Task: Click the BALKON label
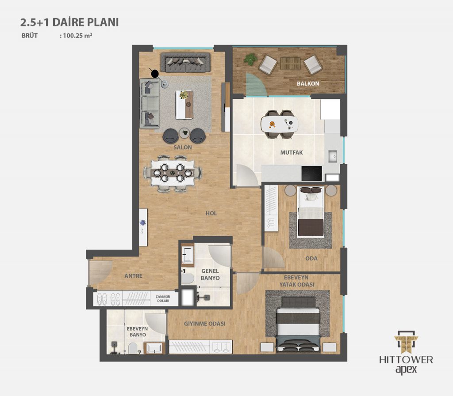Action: (308, 83)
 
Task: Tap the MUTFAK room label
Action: (292, 152)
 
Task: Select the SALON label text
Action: (183, 147)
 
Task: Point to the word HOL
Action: (211, 213)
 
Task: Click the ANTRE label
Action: (134, 276)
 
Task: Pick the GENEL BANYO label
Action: (210, 275)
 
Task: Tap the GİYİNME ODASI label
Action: (205, 324)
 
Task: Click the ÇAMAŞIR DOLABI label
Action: (163, 298)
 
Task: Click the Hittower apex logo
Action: (406, 352)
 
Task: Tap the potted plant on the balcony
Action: (250, 59)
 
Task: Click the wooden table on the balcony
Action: (290, 64)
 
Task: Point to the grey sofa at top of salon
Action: (185, 62)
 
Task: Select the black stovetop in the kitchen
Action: (311, 173)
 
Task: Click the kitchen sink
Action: (333, 156)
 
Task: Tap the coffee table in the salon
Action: (184, 104)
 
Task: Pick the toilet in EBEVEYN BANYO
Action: (133, 348)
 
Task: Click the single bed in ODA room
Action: (311, 211)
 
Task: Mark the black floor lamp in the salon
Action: (155, 74)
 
